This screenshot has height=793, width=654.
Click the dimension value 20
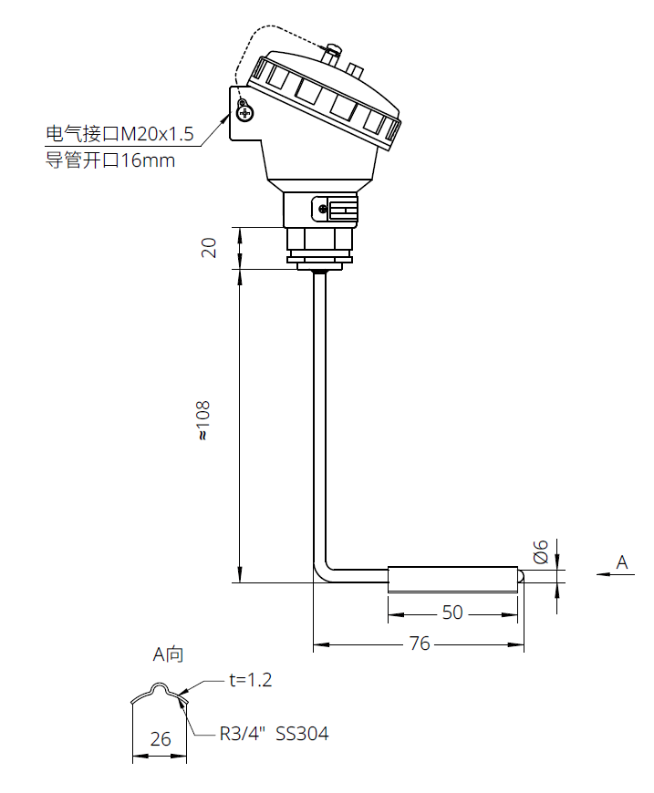click(209, 247)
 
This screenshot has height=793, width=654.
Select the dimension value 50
click(452, 613)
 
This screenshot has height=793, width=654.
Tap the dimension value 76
click(420, 644)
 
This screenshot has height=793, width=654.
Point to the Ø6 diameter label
click(541, 551)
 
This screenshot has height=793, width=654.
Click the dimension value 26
click(161, 738)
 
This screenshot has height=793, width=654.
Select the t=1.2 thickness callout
click(250, 680)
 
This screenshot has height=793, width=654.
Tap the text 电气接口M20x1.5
click(120, 135)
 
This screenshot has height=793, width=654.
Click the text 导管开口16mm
click(110, 161)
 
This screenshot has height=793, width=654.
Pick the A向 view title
click(168, 654)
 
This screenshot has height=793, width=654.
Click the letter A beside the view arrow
click(622, 562)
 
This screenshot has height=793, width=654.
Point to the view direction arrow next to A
click(602, 573)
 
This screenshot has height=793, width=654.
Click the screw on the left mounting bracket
click(244, 112)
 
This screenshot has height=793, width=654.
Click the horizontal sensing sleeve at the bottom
click(453, 576)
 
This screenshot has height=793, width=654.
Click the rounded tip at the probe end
click(522, 576)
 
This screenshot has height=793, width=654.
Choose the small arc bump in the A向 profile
click(160, 687)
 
